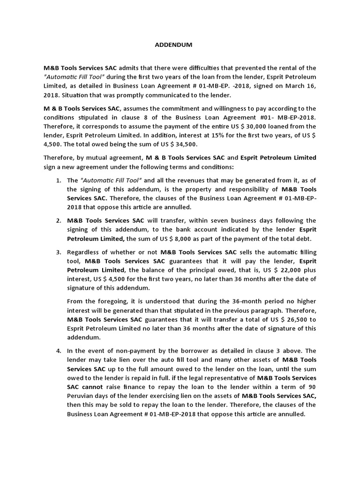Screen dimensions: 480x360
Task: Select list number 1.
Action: (x=58, y=180)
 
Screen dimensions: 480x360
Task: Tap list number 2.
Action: (x=58, y=220)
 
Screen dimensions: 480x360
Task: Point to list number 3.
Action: (x=58, y=252)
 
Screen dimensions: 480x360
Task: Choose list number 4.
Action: (x=58, y=351)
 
